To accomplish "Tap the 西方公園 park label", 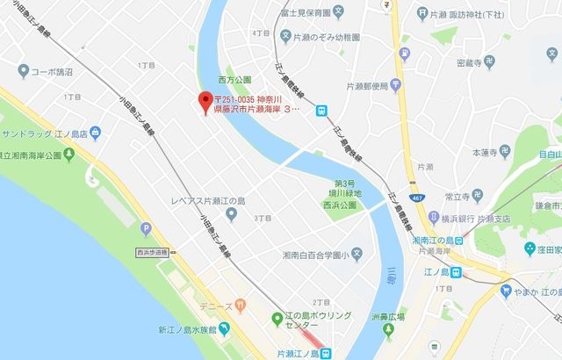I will [234, 78].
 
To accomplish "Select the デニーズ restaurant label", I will [216, 306].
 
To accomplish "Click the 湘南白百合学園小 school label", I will [313, 255].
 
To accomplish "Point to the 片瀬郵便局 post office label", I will [367, 86].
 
